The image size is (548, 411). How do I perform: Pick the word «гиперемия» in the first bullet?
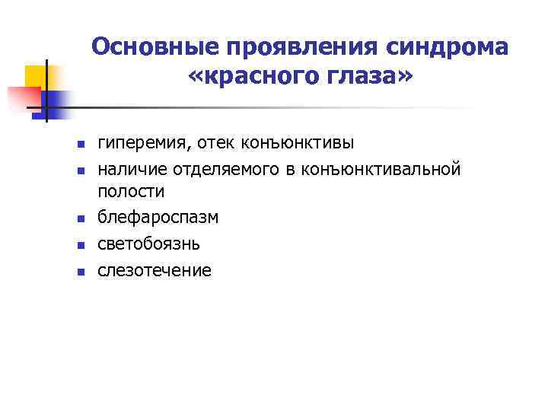142,143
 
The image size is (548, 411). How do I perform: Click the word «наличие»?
132,168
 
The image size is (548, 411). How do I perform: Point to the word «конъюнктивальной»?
381,168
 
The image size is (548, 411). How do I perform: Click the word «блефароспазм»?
158,218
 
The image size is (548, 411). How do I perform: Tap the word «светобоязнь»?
149,244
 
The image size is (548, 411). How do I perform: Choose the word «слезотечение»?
155,269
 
